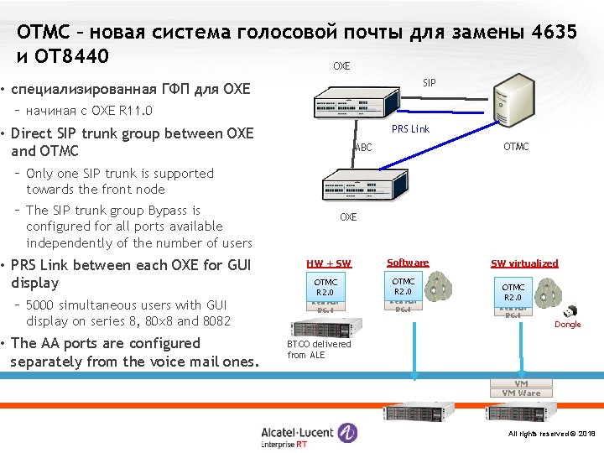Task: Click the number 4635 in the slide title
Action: click(554, 32)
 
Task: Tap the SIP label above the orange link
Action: click(430, 82)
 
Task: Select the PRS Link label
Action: click(410, 128)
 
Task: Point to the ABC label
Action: click(363, 148)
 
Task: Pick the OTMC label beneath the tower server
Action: click(516, 147)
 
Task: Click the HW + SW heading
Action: click(329, 263)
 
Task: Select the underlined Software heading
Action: click(408, 263)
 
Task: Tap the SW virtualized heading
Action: click(524, 263)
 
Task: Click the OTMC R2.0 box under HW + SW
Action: click(325, 287)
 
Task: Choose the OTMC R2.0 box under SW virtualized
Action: click(513, 293)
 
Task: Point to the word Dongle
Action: click(568, 325)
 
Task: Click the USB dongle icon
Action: click(569, 310)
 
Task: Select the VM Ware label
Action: click(521, 393)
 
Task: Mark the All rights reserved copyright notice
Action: click(551, 434)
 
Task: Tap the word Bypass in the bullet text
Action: click(167, 211)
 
